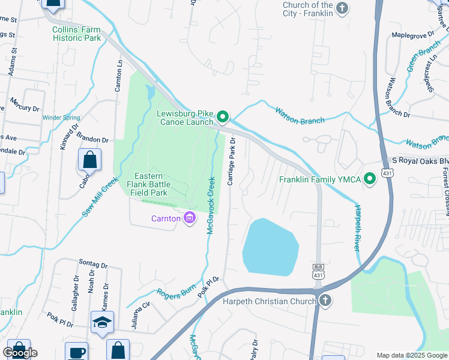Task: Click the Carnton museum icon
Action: pyautogui.click(x=190, y=218)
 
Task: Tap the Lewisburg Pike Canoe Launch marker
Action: pyautogui.click(x=223, y=116)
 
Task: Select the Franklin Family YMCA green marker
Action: pyautogui.click(x=370, y=178)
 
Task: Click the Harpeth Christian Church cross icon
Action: pyautogui.click(x=325, y=301)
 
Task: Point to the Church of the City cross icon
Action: pyautogui.click(x=342, y=8)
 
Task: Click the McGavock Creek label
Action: pyautogui.click(x=211, y=205)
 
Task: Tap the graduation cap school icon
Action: pyautogui.click(x=102, y=323)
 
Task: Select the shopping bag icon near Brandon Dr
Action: pyautogui.click(x=89, y=160)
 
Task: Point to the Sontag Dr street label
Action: pyautogui.click(x=93, y=264)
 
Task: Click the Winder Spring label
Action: pyautogui.click(x=62, y=118)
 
